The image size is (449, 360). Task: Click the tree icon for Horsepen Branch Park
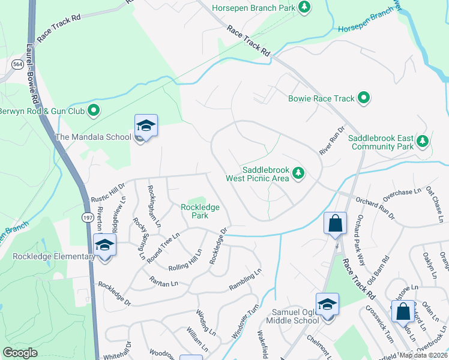[x=306, y=7]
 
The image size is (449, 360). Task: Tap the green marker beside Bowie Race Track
[x=363, y=97]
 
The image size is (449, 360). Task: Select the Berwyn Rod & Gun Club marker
[x=94, y=110]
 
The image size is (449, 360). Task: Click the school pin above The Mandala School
[x=146, y=126]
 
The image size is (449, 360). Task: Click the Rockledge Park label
[x=200, y=211]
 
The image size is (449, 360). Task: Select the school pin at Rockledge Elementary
[x=105, y=245]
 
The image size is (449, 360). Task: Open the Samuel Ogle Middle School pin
[x=327, y=305]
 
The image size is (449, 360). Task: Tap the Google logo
[x=20, y=352]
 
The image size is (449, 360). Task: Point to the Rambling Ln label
[x=246, y=281]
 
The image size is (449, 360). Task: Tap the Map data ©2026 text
[x=423, y=355]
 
